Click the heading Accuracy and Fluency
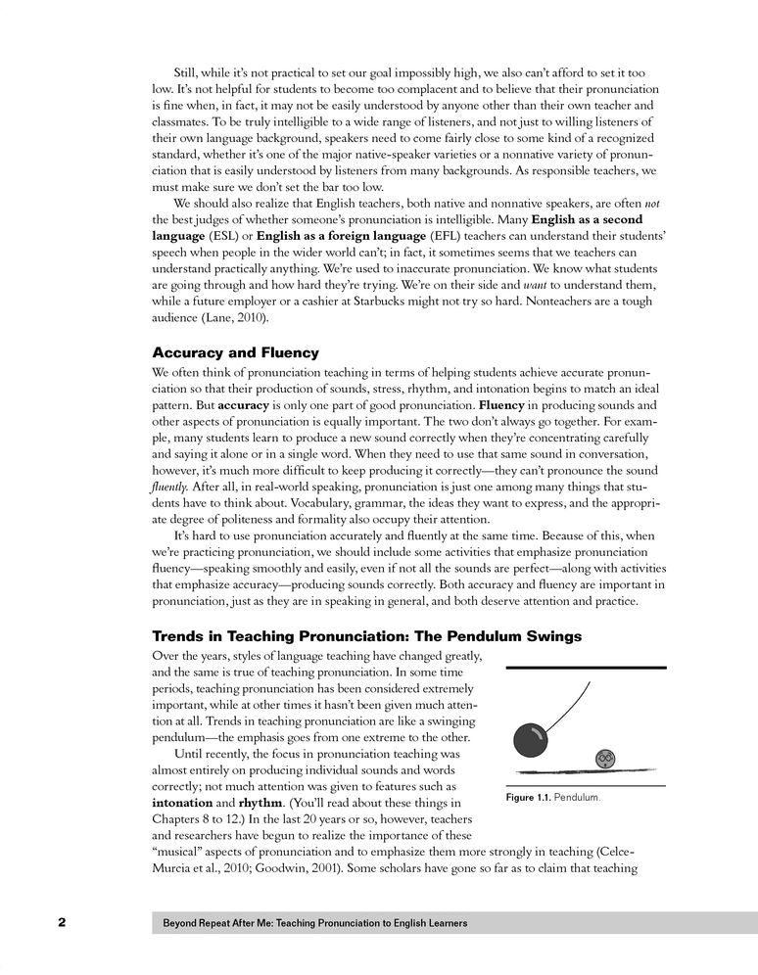[236, 352]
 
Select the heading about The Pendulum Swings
[367, 636]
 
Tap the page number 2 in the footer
[61, 922]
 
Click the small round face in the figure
[605, 758]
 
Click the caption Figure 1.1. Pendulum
[551, 799]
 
